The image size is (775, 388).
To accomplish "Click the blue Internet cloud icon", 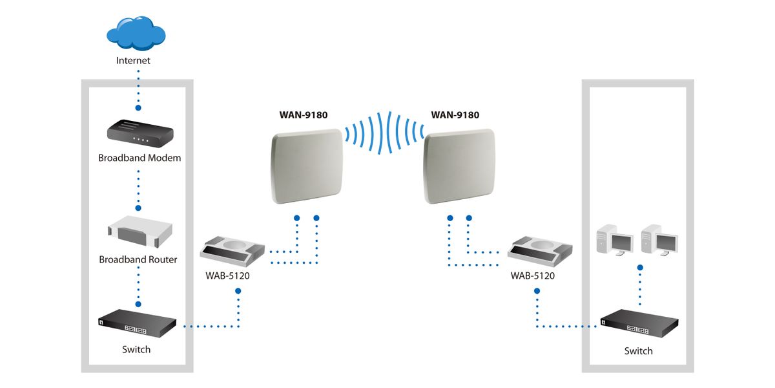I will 136,32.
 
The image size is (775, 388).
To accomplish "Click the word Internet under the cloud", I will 133,61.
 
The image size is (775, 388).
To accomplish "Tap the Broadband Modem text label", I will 139,158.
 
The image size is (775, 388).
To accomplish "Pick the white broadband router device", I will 140,233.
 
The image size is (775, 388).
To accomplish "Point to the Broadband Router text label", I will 138,260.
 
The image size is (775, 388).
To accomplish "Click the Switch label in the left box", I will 136,350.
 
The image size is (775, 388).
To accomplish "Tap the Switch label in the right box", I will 638,351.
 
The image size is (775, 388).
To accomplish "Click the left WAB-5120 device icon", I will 233,251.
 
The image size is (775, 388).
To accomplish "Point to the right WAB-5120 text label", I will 532,275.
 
